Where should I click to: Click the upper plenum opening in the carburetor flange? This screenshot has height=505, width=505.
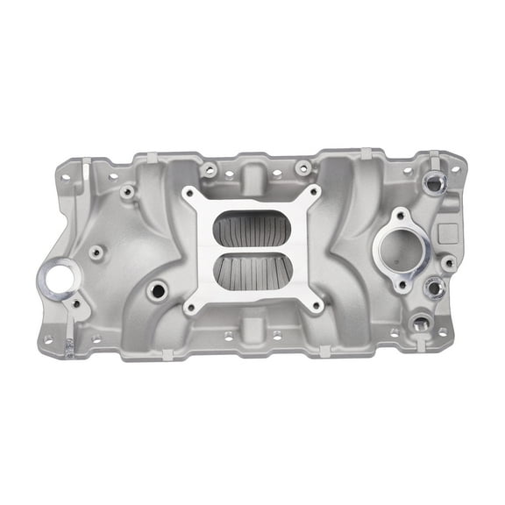coord(252,230)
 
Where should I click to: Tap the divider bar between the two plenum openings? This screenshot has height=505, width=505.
coord(252,251)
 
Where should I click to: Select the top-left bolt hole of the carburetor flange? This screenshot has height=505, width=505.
coord(189,194)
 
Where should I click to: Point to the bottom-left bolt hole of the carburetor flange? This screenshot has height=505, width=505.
coord(188,308)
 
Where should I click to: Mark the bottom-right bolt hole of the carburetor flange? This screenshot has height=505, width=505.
coord(316,307)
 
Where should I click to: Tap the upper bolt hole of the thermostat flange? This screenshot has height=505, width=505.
coord(401,213)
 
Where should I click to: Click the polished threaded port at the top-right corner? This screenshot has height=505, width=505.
coord(434,182)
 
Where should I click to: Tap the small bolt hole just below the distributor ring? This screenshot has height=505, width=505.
coord(76,304)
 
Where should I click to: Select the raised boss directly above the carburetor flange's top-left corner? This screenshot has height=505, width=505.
coord(209,169)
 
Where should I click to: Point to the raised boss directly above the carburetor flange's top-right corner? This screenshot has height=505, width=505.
coord(302,167)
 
